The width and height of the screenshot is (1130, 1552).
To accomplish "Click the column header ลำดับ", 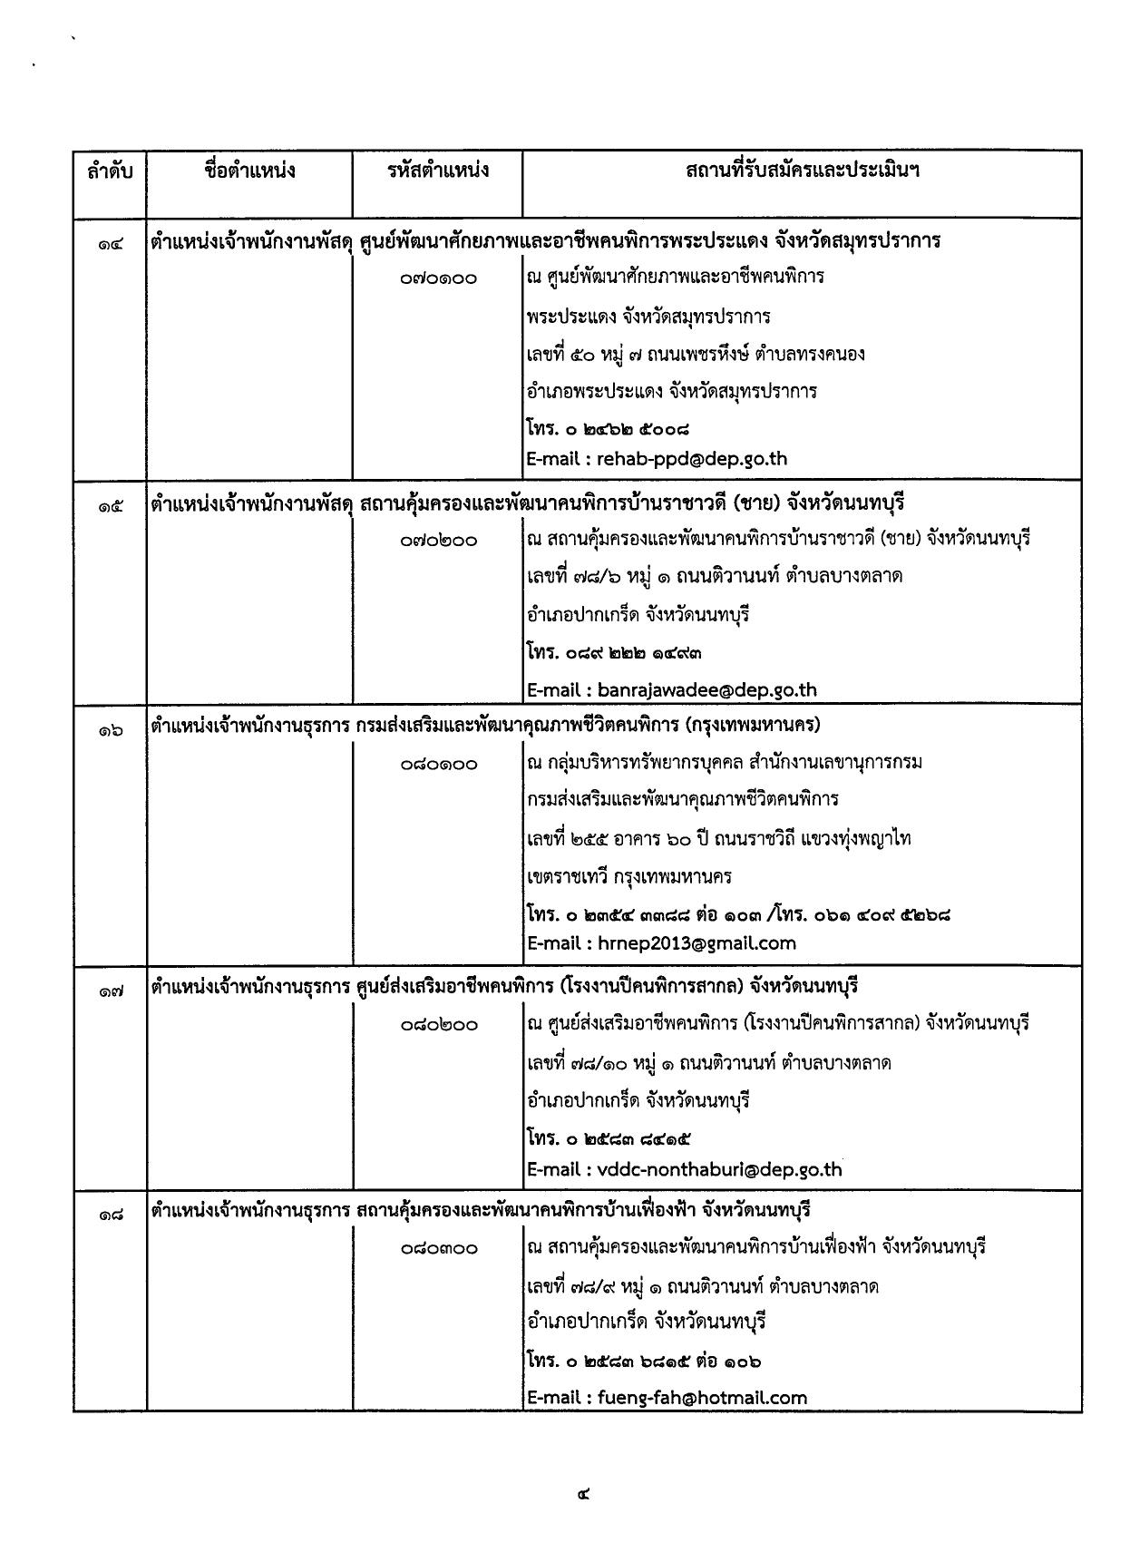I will pos(110,170).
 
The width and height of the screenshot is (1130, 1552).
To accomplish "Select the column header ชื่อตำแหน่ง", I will pos(249,170).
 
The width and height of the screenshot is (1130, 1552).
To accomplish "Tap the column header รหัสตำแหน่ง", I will pos(437,170).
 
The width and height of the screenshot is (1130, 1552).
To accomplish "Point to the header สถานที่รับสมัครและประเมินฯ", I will pos(802,170).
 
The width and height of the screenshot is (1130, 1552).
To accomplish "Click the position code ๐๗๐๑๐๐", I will pos(438,278).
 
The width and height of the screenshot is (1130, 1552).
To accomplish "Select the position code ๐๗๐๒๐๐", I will pos(438,541).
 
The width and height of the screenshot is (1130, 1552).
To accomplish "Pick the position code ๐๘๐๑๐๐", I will pos(438,764).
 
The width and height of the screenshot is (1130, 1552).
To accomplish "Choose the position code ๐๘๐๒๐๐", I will pos(438,1025).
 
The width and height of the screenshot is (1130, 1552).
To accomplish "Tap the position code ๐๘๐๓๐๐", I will pos(438,1248).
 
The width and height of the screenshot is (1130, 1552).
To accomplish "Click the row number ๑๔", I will pos(111,242).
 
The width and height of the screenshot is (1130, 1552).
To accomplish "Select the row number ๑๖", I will pos(111,727).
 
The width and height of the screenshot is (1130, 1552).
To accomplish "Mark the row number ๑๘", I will pos(111,1213).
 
